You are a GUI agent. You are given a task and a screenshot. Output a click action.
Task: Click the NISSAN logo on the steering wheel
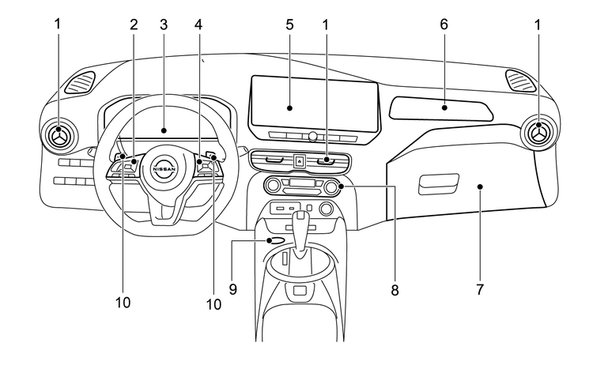pos(164,168)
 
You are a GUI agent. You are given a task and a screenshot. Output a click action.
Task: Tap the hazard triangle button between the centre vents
pos(300,161)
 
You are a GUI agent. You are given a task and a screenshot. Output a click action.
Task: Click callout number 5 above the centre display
pos(289,24)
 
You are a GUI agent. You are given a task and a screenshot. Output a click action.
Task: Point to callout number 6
pos(444,24)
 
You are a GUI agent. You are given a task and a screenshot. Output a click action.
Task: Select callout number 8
pos(394,290)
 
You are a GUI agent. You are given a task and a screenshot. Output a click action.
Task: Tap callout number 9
pos(233,290)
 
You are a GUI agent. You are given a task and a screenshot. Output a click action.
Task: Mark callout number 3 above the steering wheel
pos(164,24)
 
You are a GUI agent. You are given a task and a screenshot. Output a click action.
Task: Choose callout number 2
pos(134,24)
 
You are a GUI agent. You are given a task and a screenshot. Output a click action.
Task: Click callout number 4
pos(198,24)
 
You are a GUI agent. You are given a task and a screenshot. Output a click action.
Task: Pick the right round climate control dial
pos(330,187)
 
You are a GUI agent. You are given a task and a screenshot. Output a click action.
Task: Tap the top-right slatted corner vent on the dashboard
pos(519,80)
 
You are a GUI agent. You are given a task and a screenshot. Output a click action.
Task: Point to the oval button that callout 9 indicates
pos(277,241)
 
